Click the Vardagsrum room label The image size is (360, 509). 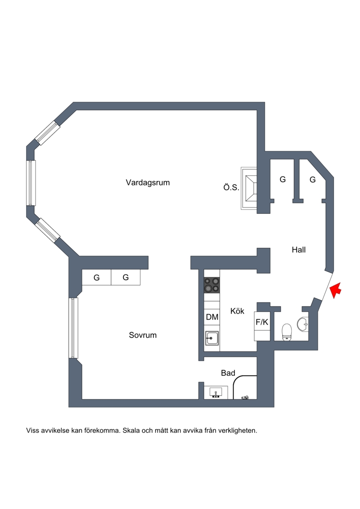(x=148, y=182)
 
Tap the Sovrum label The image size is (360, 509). (x=143, y=335)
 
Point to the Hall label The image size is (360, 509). (x=299, y=250)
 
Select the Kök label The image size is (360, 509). (x=237, y=311)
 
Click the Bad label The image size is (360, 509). (x=228, y=373)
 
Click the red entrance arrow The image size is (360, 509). (x=336, y=290)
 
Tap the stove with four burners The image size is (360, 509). (x=211, y=285)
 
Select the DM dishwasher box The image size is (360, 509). (x=212, y=317)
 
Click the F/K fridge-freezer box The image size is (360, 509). (x=262, y=322)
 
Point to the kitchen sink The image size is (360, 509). (x=211, y=338)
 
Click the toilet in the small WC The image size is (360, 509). (x=287, y=332)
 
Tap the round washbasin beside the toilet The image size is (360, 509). (x=302, y=324)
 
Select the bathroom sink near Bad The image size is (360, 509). (x=216, y=392)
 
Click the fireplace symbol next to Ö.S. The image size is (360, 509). (x=249, y=188)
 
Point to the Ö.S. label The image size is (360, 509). (x=231, y=187)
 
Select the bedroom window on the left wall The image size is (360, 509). (x=74, y=328)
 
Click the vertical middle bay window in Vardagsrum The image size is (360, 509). (x=31, y=183)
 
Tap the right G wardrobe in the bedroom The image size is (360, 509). (x=126, y=277)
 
